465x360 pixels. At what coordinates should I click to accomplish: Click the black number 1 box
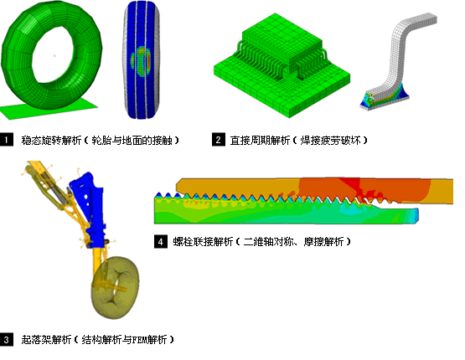tap(7, 140)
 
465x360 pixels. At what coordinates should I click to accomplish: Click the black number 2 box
tap(219, 140)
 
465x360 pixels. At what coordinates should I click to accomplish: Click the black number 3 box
tap(7, 340)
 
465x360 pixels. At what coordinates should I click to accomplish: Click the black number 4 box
tap(160, 241)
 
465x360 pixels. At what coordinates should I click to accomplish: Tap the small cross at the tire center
tap(54, 55)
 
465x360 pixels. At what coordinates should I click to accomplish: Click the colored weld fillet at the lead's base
tap(385, 95)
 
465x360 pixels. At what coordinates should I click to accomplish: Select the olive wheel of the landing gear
tap(115, 288)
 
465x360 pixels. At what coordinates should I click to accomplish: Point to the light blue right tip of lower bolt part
tap(416, 215)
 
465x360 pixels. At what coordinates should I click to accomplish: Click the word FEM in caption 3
tap(138, 340)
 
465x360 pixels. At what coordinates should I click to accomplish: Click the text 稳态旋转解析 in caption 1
tap(51, 140)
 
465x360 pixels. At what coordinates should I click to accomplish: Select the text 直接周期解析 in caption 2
tap(260, 140)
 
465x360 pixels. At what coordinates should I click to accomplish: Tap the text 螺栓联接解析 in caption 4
tap(203, 241)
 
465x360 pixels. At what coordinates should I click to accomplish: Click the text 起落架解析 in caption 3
tap(46, 340)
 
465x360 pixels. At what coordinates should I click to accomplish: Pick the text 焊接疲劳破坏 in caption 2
tap(330, 140)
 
